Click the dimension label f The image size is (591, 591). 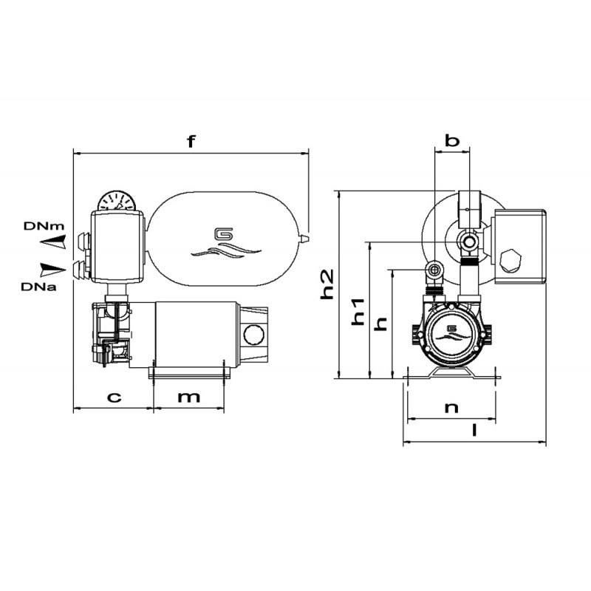point(191,142)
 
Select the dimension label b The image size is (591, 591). point(452,140)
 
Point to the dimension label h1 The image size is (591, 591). point(358,311)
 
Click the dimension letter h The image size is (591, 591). point(381,324)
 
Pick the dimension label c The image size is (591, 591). point(114,397)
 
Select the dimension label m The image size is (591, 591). point(190,397)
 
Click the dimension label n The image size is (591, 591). point(452,407)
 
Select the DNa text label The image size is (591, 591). point(36,285)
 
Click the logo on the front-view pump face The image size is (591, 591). point(451,329)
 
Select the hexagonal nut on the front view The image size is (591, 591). point(510,261)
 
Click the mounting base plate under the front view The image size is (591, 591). point(452,378)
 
